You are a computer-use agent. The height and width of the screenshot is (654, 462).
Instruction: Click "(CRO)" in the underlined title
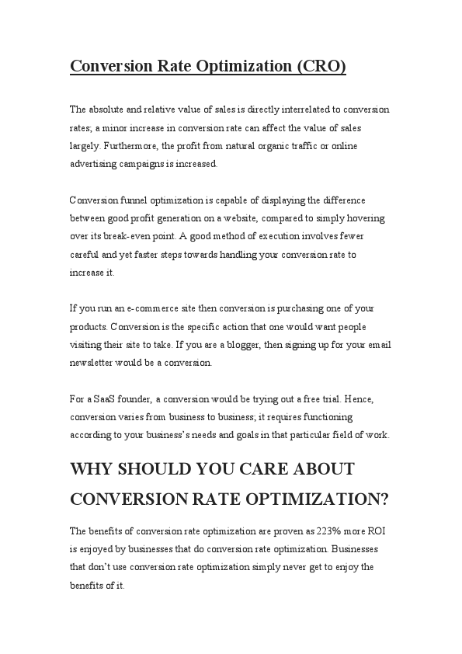tap(321, 67)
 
